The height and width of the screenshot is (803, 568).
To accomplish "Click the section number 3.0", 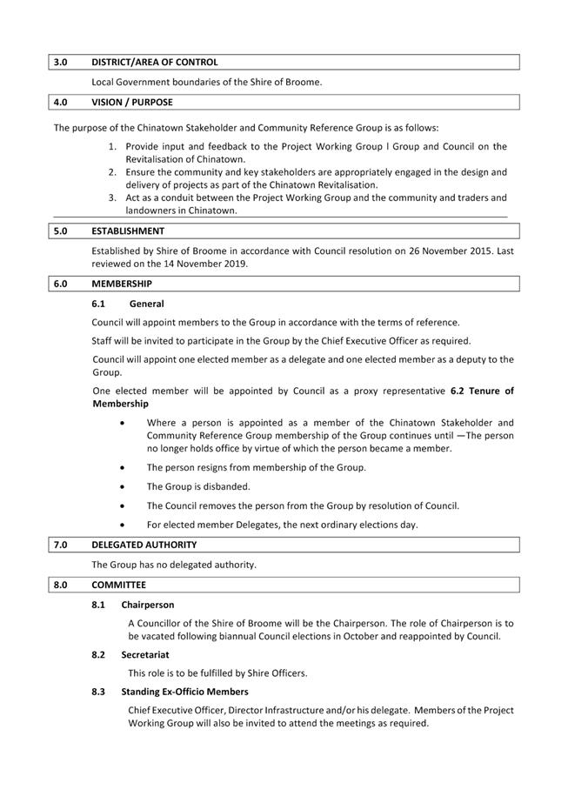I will pyautogui.click(x=61, y=63).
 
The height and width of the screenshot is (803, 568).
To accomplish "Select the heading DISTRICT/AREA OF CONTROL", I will pyautogui.click(x=155, y=63).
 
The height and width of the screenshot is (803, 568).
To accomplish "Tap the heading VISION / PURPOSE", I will pyautogui.click(x=132, y=103).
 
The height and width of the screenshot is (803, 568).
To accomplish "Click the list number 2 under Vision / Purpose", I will pyautogui.click(x=113, y=172).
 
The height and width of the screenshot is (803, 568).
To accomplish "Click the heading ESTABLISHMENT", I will pyautogui.click(x=127, y=231).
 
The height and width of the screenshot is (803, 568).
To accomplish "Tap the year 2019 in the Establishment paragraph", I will pyautogui.click(x=233, y=264).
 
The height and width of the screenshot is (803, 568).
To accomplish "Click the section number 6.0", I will pyautogui.click(x=61, y=284).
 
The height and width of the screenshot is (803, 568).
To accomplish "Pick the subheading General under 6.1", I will pyautogui.click(x=146, y=304).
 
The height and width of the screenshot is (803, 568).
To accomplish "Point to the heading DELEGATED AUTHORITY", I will pyautogui.click(x=144, y=545).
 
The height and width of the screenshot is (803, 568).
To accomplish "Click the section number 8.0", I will pyautogui.click(x=61, y=585).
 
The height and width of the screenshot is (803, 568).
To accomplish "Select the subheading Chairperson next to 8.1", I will pyautogui.click(x=148, y=605).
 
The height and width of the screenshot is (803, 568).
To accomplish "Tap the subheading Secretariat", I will pyautogui.click(x=145, y=654).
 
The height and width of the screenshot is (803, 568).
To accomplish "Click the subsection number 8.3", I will pyautogui.click(x=98, y=692).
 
